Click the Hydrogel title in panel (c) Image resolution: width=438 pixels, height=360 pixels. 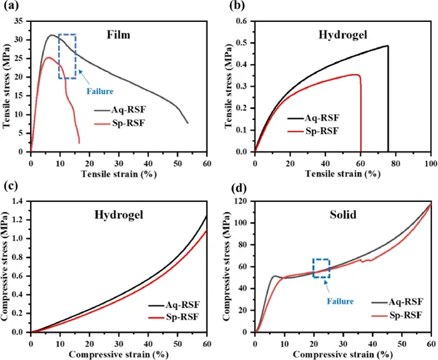tap(124, 215)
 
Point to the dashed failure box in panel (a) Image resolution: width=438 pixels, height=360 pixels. tap(67, 56)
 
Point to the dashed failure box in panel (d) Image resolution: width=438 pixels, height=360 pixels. tap(321, 268)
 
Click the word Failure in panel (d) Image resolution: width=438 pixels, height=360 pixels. tap(339, 301)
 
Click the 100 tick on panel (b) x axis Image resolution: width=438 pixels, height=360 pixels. tap(430, 163)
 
